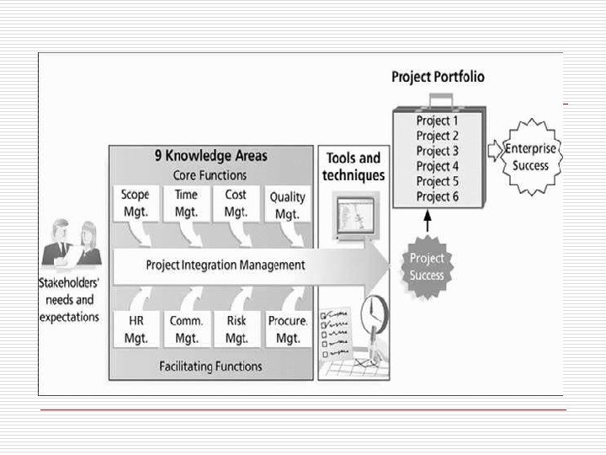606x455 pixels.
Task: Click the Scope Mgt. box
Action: coord(135,204)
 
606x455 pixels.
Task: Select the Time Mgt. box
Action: coord(186,204)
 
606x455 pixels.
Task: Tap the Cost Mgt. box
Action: coord(236,204)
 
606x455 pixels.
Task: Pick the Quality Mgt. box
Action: coord(287,206)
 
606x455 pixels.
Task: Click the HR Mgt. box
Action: coord(136,329)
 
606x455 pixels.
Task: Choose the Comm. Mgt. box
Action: coord(186,329)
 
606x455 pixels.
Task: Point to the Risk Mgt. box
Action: coord(236,329)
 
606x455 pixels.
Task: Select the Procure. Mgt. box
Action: coord(287,329)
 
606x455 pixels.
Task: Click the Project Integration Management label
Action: coord(226,265)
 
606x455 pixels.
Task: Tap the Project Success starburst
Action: coord(427,267)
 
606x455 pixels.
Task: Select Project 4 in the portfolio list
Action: coord(438,166)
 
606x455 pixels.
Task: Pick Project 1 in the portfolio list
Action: coord(438,120)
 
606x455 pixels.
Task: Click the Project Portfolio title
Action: coord(438,77)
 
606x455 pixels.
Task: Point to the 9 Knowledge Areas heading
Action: coord(210,156)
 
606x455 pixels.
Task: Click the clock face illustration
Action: coord(371,316)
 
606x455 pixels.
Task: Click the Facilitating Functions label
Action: coord(210,367)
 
